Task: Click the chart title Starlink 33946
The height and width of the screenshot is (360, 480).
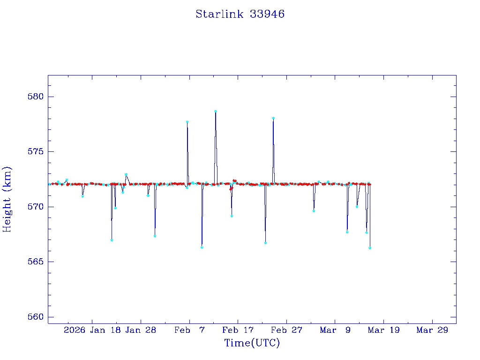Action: [240, 14]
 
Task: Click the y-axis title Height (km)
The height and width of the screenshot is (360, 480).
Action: [7, 199]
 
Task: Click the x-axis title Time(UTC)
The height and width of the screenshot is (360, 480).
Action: [252, 343]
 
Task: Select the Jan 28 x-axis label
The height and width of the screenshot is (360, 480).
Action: [141, 330]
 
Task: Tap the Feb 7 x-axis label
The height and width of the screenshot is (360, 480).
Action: [189, 330]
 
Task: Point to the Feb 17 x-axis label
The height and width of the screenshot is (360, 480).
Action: [238, 330]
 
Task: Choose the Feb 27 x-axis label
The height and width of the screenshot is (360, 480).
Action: [286, 330]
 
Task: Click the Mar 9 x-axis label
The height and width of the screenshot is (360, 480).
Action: [335, 330]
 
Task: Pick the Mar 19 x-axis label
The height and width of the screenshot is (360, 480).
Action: [383, 330]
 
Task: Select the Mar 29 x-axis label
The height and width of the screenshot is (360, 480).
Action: [432, 330]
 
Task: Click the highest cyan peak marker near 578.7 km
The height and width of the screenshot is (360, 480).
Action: [216, 111]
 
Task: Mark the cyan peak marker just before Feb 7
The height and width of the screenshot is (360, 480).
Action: [187, 122]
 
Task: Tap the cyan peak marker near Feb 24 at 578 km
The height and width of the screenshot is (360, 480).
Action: [273, 118]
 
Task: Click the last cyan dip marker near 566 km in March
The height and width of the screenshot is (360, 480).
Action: [370, 248]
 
